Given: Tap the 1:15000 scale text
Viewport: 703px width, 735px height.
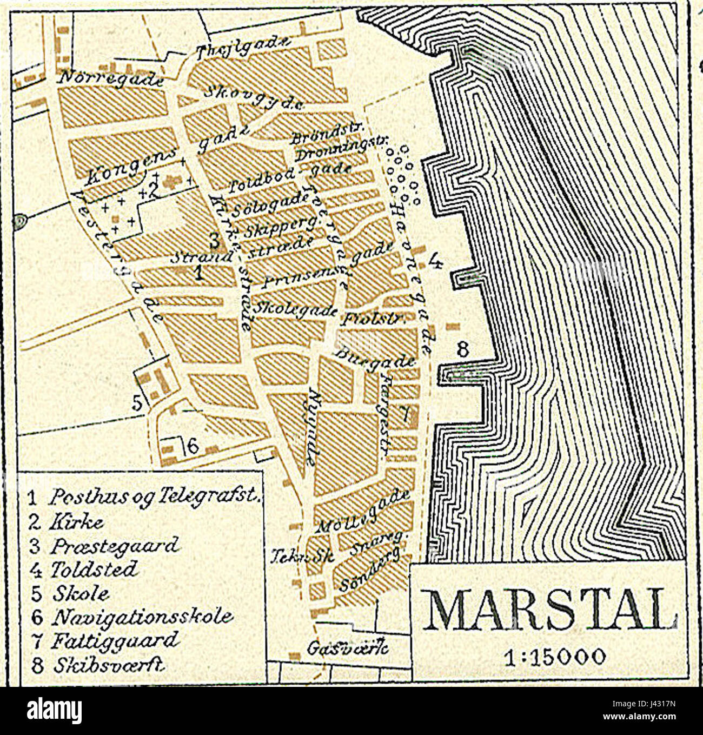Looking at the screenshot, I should point(552,657).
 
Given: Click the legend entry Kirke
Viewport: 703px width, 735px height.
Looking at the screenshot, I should point(76,522).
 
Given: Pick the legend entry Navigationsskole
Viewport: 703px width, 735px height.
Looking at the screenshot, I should point(142,617).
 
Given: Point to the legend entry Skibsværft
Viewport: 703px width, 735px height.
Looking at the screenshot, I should point(108,664).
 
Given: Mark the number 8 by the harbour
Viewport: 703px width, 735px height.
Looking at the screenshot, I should point(463,349).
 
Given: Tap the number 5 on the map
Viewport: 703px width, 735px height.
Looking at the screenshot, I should point(138,402).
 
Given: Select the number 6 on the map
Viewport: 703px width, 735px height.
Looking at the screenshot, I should point(193,446).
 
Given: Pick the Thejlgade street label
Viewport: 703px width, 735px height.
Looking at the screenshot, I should point(244,49).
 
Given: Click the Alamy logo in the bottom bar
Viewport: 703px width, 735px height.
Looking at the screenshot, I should point(54,710).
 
